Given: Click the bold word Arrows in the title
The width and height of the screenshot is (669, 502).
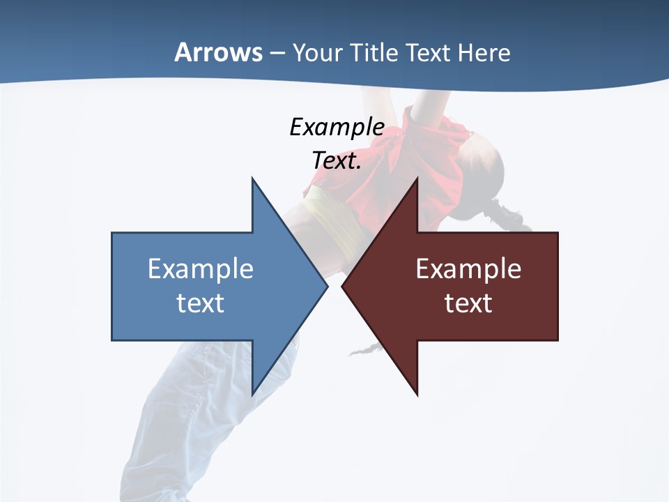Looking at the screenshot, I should point(219,52).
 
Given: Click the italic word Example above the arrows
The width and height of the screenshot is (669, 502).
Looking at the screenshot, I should point(337,128).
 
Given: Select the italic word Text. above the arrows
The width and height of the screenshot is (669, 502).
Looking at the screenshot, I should point(337,161).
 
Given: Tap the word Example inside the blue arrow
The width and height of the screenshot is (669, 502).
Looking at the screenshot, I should point(201,269).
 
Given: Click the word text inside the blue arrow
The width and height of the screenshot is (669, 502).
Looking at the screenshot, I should point(201,303).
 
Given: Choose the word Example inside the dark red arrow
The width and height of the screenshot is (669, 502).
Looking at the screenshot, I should point(468,269).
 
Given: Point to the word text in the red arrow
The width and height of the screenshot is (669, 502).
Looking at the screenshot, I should point(468,303).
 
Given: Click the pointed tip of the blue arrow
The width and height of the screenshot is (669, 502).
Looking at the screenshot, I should point(327,287).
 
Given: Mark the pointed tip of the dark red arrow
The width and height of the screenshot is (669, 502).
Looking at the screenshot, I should point(343,287).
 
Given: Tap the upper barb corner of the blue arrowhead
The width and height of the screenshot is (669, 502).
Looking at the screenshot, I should point(252,178).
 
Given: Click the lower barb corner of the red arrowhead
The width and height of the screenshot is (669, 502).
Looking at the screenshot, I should point(417,395).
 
